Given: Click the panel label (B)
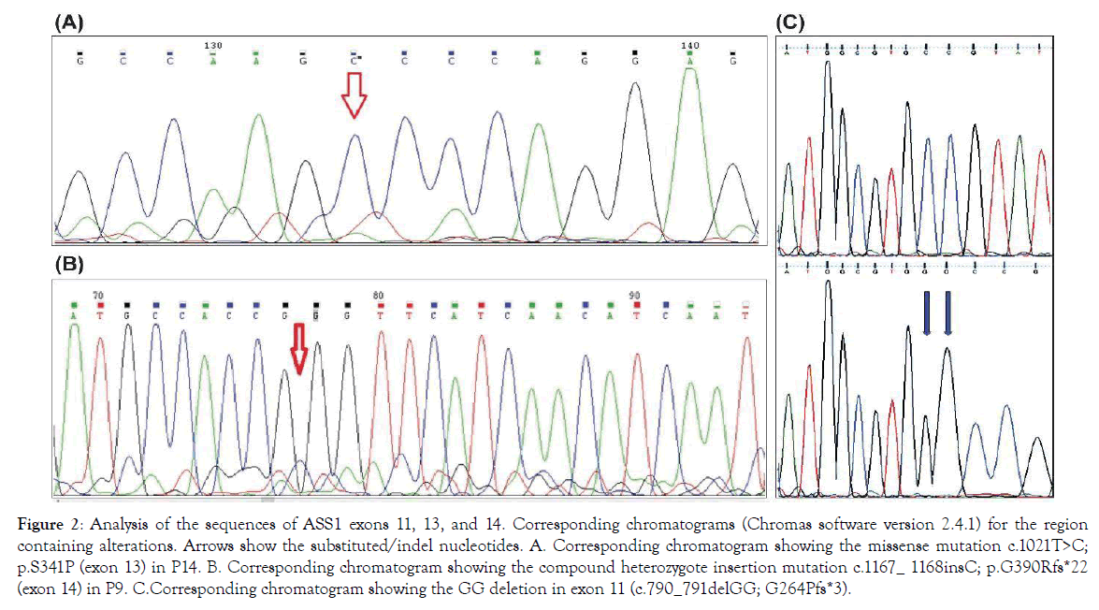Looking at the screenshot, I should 70,265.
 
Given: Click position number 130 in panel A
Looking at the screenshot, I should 212,45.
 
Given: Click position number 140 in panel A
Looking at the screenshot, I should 690,45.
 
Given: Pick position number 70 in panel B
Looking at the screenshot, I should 98,295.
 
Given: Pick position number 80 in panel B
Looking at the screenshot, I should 377,295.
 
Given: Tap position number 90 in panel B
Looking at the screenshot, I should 636,295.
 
